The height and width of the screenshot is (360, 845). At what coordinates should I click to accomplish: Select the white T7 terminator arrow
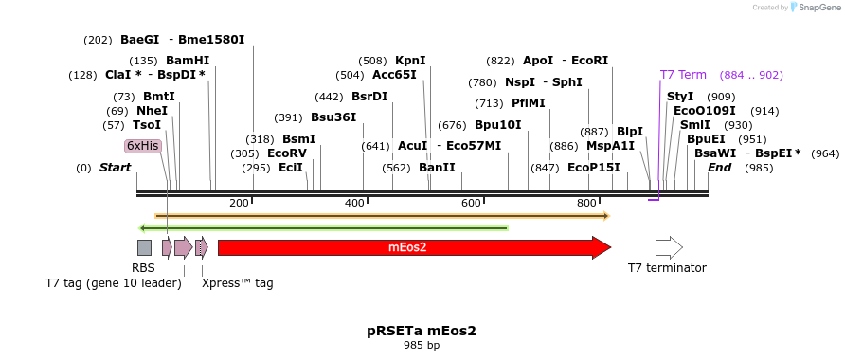pyautogui.click(x=669, y=248)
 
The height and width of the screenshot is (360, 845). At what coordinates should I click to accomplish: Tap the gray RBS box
pyautogui.click(x=144, y=248)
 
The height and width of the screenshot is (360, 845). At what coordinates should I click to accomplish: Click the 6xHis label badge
pyautogui.click(x=143, y=146)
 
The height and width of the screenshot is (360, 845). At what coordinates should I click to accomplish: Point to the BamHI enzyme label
pyautogui.click(x=188, y=61)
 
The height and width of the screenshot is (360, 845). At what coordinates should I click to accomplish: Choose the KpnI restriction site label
pyautogui.click(x=410, y=61)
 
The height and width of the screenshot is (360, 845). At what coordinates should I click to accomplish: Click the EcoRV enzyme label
pyautogui.click(x=286, y=153)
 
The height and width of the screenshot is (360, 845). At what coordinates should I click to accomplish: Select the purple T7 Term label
pyautogui.click(x=683, y=75)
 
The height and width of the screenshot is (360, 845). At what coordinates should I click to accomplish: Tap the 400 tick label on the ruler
pyautogui.click(x=354, y=204)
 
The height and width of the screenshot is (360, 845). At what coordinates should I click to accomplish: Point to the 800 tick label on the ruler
pyautogui.click(x=586, y=204)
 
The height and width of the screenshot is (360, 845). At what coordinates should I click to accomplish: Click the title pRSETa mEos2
pyautogui.click(x=422, y=331)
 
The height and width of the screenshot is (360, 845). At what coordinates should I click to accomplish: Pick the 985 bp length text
pyautogui.click(x=422, y=346)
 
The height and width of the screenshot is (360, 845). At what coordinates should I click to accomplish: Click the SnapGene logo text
pyautogui.click(x=814, y=8)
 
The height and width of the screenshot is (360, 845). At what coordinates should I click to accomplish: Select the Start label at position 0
pyautogui.click(x=115, y=168)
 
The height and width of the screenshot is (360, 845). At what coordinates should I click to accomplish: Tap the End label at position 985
pyautogui.click(x=719, y=168)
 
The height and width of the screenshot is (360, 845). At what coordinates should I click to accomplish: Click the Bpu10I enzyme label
pyautogui.click(x=498, y=124)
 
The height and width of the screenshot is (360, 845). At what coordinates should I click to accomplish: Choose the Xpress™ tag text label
pyautogui.click(x=237, y=282)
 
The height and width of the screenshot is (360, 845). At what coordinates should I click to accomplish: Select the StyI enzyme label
pyautogui.click(x=680, y=97)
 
